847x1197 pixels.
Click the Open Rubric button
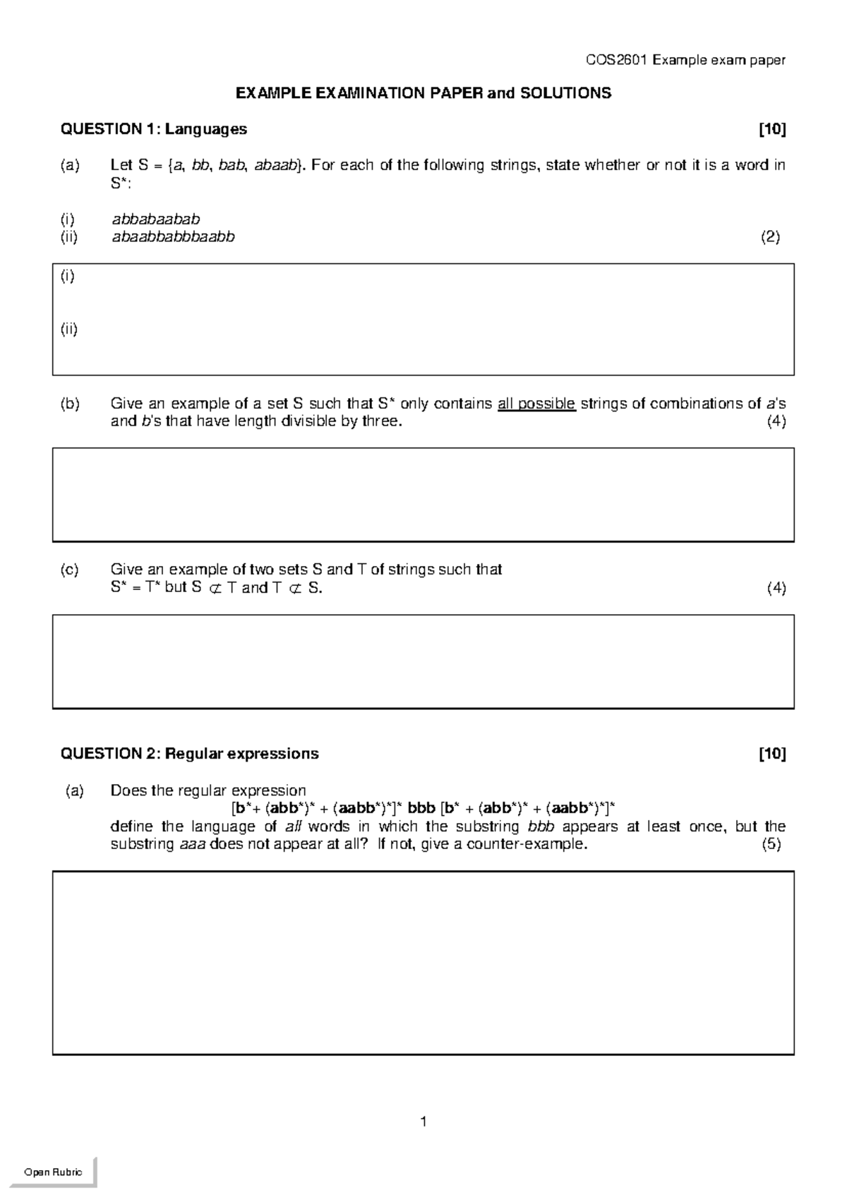pyautogui.click(x=53, y=1172)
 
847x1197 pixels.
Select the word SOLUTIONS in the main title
pyautogui.click(x=565, y=93)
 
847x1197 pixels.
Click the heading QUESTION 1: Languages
pyautogui.click(x=154, y=128)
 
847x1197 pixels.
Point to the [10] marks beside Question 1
pyautogui.click(x=772, y=128)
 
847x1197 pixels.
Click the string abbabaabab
pyautogui.click(x=156, y=219)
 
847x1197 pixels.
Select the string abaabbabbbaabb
pyautogui.click(x=173, y=237)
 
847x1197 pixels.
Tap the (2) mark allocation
pyautogui.click(x=770, y=237)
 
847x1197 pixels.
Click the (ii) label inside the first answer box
pyautogui.click(x=68, y=329)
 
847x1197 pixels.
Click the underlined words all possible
pyautogui.click(x=536, y=404)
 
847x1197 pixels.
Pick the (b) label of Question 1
pyautogui.click(x=70, y=404)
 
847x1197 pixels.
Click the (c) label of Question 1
pyautogui.click(x=70, y=569)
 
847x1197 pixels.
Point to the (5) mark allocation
pyautogui.click(x=771, y=845)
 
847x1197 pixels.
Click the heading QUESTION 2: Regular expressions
pyautogui.click(x=189, y=754)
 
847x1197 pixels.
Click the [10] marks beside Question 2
pyautogui.click(x=772, y=754)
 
